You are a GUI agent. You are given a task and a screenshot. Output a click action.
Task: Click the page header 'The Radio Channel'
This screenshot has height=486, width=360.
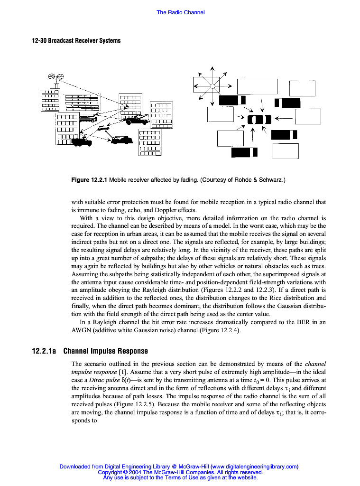[180, 12]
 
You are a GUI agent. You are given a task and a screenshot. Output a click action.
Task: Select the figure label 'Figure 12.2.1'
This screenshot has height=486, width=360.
[89, 180]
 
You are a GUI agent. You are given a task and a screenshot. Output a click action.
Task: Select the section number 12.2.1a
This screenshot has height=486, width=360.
[44, 351]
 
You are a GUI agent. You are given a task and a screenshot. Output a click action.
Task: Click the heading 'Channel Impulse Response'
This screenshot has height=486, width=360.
[105, 351]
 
